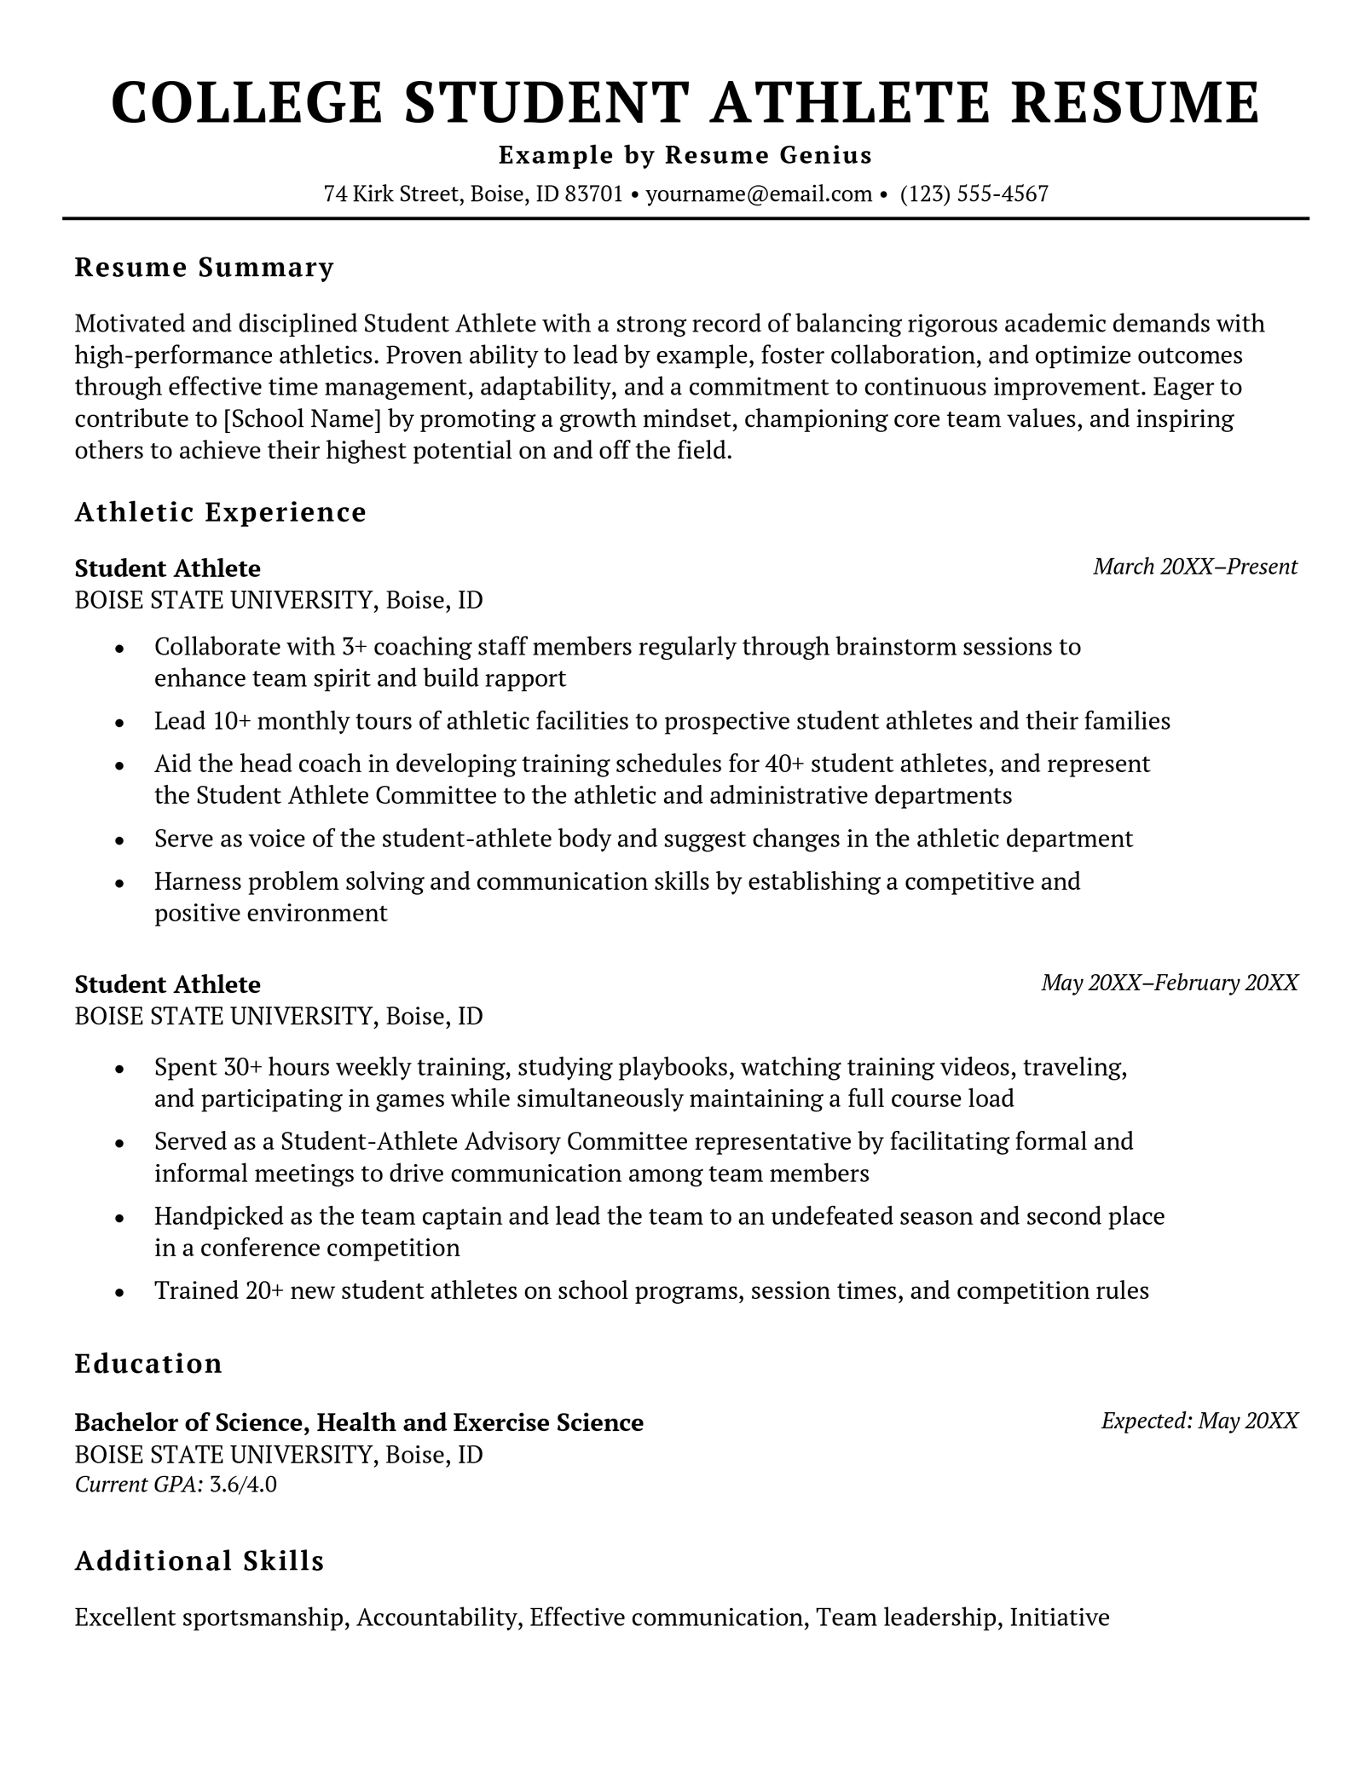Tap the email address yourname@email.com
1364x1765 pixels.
tap(759, 194)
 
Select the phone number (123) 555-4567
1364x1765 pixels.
tap(974, 194)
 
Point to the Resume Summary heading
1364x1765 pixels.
tap(205, 268)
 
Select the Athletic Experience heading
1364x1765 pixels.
tap(221, 512)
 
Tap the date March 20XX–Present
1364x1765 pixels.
tap(1195, 567)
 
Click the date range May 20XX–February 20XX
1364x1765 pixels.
tap(1170, 983)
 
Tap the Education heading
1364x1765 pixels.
tap(148, 1364)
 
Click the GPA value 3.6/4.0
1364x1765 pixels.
tap(243, 1485)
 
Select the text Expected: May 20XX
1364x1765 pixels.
tap(1199, 1421)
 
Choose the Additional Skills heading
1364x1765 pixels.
tap(199, 1561)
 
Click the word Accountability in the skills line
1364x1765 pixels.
tap(437, 1618)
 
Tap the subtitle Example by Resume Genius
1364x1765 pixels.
tap(685, 155)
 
